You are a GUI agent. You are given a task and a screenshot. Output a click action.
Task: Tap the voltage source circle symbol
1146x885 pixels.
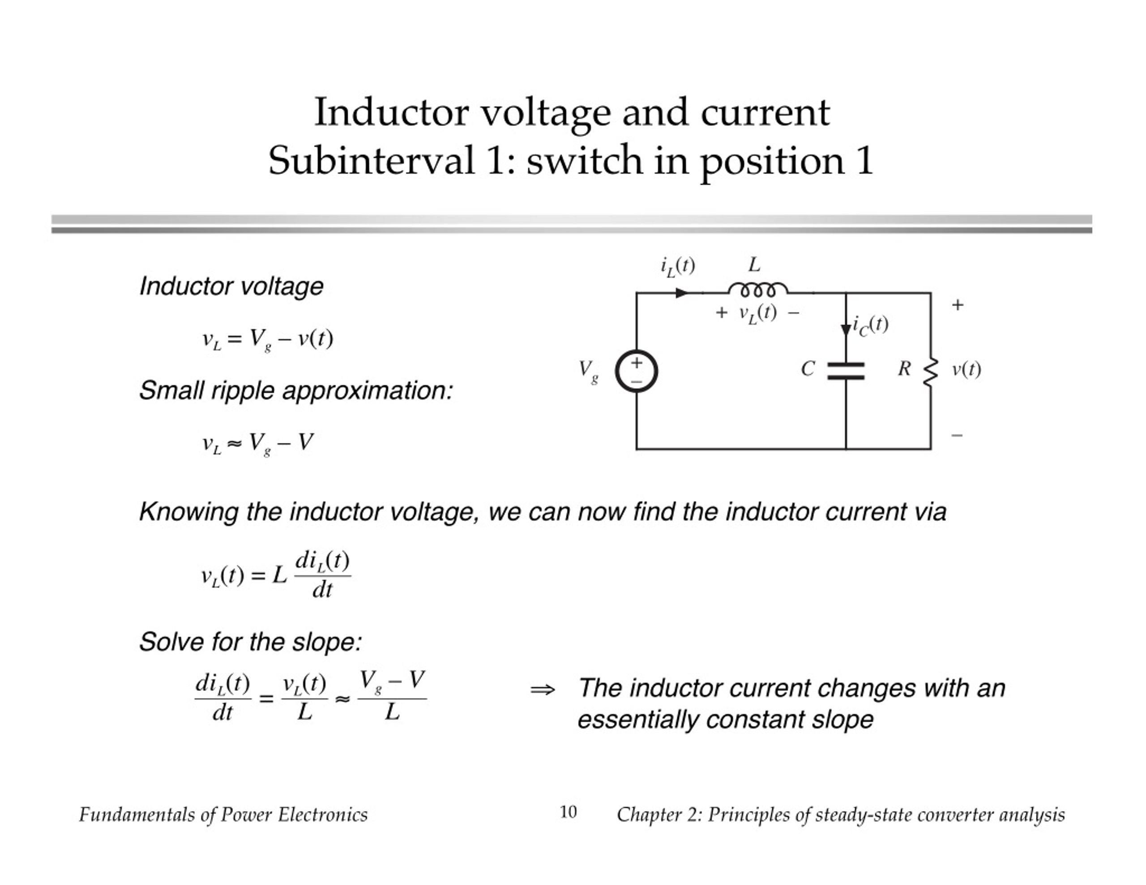tap(637, 371)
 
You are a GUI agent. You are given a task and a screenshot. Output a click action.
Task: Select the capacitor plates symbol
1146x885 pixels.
tap(846, 370)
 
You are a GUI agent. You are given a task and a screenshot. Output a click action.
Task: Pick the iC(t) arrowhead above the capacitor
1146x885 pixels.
tap(846, 330)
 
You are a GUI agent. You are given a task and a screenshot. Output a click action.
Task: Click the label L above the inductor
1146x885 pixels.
tap(754, 264)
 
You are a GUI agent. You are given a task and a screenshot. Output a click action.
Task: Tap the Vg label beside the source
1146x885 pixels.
tap(588, 371)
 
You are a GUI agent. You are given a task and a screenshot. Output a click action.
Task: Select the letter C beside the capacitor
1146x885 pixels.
tap(808, 369)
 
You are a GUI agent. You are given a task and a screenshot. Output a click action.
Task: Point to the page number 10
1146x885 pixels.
tap(568, 812)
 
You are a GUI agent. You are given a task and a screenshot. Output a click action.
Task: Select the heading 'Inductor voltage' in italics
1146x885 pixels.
tap(231, 286)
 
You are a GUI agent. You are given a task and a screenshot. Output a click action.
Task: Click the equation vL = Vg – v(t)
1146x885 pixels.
tap(268, 340)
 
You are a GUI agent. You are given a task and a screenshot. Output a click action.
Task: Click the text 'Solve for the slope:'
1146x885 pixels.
tap(251, 642)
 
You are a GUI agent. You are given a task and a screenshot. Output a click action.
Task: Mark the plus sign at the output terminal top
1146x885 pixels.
tap(958, 305)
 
